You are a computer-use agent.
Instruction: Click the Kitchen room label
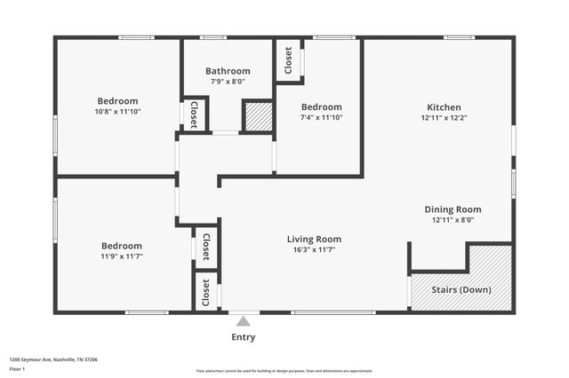click(x=444, y=106)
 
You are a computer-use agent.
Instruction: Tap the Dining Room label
click(x=453, y=209)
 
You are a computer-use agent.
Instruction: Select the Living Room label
click(x=314, y=239)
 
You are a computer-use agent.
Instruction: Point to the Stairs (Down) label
click(x=461, y=290)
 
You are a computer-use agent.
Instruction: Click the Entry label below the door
click(x=243, y=337)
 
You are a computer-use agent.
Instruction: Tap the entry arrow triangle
click(x=243, y=320)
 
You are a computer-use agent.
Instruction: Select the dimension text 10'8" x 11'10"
click(x=117, y=112)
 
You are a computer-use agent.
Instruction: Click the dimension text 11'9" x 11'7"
click(x=121, y=256)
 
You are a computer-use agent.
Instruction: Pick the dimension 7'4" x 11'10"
click(x=321, y=117)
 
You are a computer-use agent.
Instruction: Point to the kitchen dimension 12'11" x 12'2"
click(x=444, y=117)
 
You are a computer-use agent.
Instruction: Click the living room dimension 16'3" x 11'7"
click(x=314, y=250)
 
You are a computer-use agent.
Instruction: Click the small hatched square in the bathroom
click(x=258, y=117)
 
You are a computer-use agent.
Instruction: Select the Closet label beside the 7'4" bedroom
click(x=288, y=60)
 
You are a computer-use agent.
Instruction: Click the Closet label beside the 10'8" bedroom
click(x=195, y=114)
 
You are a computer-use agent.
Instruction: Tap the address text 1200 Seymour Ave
click(x=53, y=360)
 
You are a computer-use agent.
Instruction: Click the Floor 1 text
click(x=18, y=368)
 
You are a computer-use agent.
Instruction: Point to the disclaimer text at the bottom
click(x=284, y=371)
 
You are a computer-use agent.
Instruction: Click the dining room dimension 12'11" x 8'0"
click(x=453, y=220)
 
